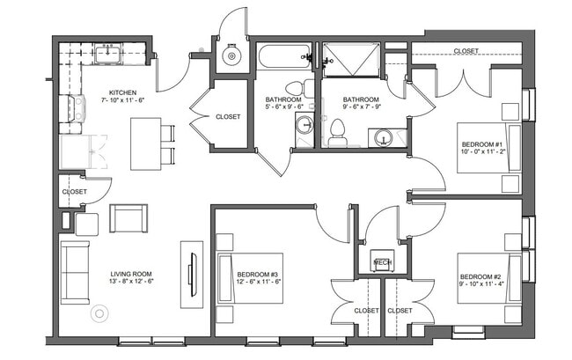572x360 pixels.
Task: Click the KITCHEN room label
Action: pyautogui.click(x=122, y=92)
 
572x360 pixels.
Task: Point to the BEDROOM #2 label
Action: pyautogui.click(x=480, y=275)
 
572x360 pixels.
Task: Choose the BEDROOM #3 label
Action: pyautogui.click(x=258, y=275)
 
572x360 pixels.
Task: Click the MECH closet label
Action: pyautogui.click(x=382, y=262)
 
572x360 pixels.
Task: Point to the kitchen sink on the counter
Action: pyautogui.click(x=112, y=55)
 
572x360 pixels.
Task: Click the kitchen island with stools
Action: pyautogui.click(x=146, y=143)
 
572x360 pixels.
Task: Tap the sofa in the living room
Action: pyautogui.click(x=75, y=271)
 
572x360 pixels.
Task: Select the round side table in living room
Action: pyautogui.click(x=97, y=313)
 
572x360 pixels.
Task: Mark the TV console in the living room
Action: pyautogui.click(x=191, y=274)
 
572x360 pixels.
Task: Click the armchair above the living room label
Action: pyautogui.click(x=128, y=218)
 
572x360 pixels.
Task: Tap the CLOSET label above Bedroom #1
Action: pyautogui.click(x=466, y=51)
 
